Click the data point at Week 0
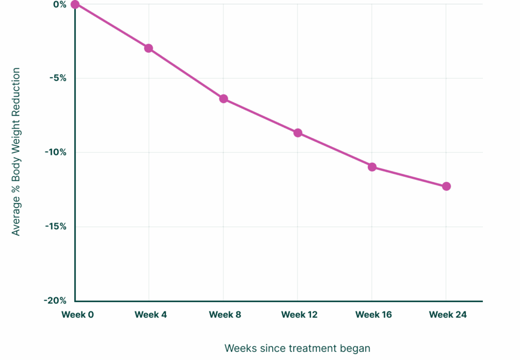pyautogui.click(x=75, y=5)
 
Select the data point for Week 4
pyautogui.click(x=149, y=48)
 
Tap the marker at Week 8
pyautogui.click(x=223, y=99)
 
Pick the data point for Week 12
pyautogui.click(x=298, y=133)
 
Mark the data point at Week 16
pyautogui.click(x=372, y=167)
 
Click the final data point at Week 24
pyautogui.click(x=446, y=186)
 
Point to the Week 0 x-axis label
pyautogui.click(x=78, y=315)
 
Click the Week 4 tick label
pyautogui.click(x=151, y=315)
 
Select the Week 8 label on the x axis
pyautogui.click(x=225, y=315)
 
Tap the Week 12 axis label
pyautogui.click(x=299, y=315)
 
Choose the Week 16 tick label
pyautogui.click(x=373, y=315)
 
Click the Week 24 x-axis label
pyautogui.click(x=447, y=315)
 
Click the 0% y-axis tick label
pyautogui.click(x=60, y=5)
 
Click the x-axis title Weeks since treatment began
pyautogui.click(x=297, y=348)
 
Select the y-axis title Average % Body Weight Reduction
pyautogui.click(x=16, y=151)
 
